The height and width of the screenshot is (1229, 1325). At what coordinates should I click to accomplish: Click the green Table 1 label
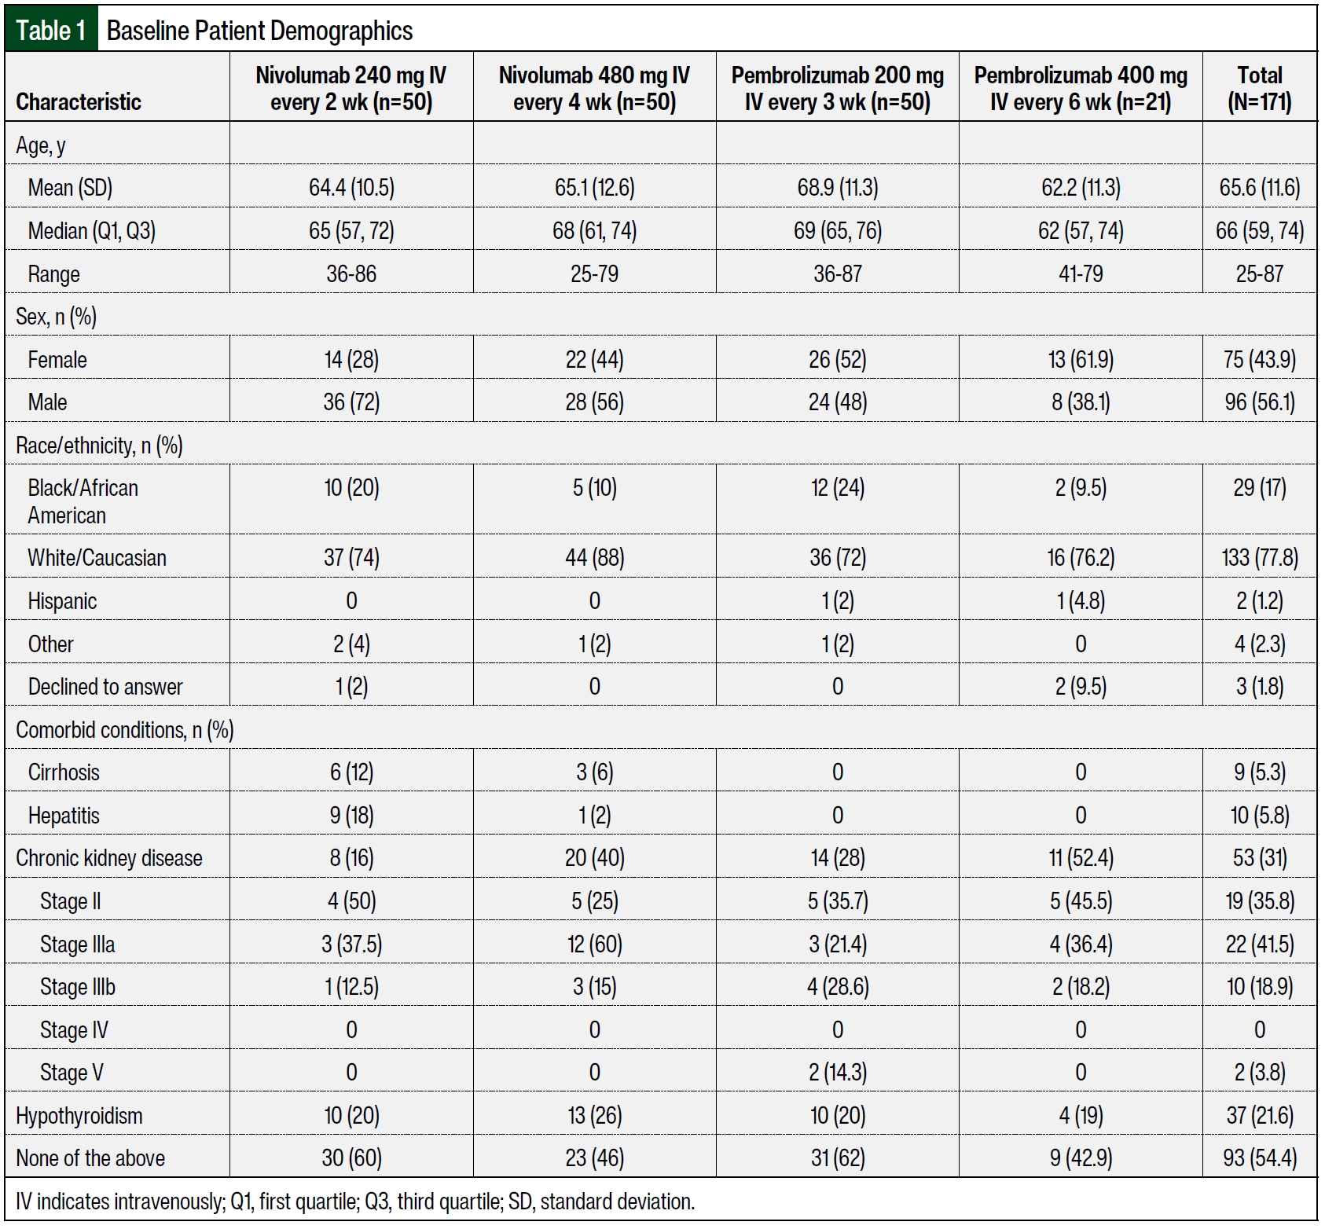[51, 30]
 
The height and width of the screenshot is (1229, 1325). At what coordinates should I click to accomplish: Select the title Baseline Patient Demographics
[259, 31]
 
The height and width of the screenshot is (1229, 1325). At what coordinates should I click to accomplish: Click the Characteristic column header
[79, 101]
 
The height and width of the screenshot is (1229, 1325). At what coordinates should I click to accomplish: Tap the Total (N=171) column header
[1259, 88]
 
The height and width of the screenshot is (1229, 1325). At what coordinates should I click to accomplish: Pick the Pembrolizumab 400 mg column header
[1081, 88]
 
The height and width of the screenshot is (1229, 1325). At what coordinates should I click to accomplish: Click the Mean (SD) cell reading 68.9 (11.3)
[838, 188]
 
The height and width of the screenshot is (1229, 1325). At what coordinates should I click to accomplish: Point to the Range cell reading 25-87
[1259, 273]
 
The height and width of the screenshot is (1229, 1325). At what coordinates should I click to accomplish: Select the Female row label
[57, 360]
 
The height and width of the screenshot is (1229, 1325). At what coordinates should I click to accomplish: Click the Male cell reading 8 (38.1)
[1081, 402]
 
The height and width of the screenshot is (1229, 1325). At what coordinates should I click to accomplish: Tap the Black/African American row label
[83, 501]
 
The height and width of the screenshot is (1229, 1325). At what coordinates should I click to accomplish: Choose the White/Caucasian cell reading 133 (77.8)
[1259, 558]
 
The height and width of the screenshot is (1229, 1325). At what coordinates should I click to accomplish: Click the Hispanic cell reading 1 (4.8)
[1081, 601]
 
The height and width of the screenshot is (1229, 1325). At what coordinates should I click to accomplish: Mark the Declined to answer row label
[105, 687]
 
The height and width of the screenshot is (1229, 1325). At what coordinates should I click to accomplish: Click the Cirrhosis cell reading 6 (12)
[351, 772]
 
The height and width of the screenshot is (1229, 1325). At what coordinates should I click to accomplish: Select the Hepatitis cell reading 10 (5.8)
[1259, 816]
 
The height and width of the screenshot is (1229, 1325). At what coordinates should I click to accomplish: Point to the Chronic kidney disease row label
[109, 858]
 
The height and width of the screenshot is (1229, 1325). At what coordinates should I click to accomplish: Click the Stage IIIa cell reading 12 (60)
[594, 944]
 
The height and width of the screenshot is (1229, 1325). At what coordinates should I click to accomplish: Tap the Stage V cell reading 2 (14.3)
[838, 1073]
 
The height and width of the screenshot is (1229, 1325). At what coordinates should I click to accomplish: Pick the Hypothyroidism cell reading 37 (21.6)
[1259, 1116]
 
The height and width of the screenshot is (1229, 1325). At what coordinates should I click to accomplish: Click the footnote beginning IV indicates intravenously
[355, 1201]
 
